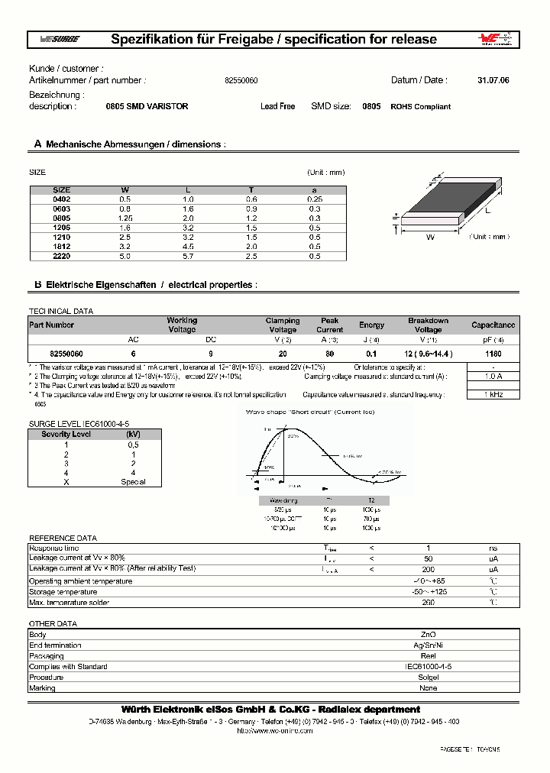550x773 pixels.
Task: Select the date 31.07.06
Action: (x=493, y=80)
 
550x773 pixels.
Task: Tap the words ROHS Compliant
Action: (x=420, y=107)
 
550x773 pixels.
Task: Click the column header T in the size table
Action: (x=251, y=189)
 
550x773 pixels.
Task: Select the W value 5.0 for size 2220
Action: (x=125, y=256)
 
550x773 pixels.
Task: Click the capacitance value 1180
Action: (x=493, y=354)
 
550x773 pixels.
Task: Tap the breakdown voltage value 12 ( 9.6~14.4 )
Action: (x=428, y=354)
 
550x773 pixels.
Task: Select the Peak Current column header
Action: (x=330, y=325)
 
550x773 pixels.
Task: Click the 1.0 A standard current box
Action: (x=493, y=376)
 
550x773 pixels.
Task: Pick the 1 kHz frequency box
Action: (x=493, y=394)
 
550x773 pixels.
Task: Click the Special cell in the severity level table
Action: (x=133, y=482)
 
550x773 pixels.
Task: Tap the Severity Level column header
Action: (x=66, y=434)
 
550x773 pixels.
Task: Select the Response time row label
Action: (x=53, y=548)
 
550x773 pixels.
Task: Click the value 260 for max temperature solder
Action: (x=429, y=603)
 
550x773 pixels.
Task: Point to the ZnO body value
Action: (x=429, y=635)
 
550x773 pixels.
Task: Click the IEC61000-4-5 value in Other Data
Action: (x=429, y=667)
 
